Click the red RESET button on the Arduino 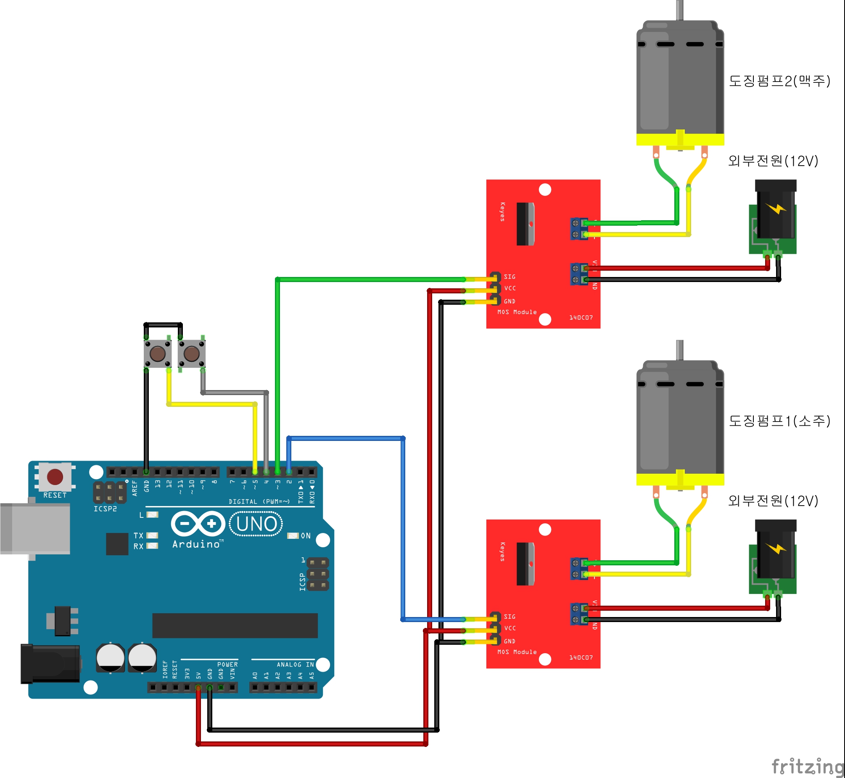(x=55, y=477)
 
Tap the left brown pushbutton (x=158, y=353)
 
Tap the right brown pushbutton (x=192, y=353)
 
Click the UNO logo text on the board (x=256, y=524)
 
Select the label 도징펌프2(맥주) (x=779, y=81)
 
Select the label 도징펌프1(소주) (x=779, y=421)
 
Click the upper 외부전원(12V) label (x=773, y=161)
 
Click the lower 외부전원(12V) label (x=773, y=501)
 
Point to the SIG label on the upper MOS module (x=510, y=277)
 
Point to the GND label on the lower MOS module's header (x=510, y=641)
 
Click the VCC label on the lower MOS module (x=510, y=628)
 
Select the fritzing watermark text (x=808, y=766)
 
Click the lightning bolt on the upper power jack (x=776, y=208)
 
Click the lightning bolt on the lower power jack (x=776, y=548)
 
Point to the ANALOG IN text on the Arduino (x=295, y=665)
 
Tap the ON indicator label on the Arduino (x=306, y=535)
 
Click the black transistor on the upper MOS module (x=525, y=224)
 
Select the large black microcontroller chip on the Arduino (x=235, y=625)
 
